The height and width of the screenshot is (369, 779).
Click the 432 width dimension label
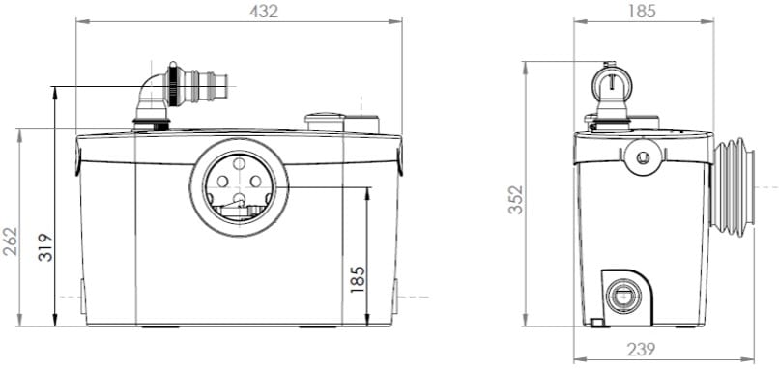point(264,11)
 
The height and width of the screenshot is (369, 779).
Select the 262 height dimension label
point(10,241)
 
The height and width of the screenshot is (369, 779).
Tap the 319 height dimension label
point(45,247)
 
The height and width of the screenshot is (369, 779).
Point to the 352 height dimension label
point(516,200)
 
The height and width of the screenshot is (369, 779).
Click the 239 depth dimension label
point(641,349)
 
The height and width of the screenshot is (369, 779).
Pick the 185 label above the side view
point(642,11)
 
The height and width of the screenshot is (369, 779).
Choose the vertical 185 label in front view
point(358,279)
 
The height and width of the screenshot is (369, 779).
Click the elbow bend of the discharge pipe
point(151,87)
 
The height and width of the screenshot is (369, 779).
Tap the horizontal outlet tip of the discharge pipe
point(221,85)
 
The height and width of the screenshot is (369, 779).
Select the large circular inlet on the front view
point(239,187)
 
